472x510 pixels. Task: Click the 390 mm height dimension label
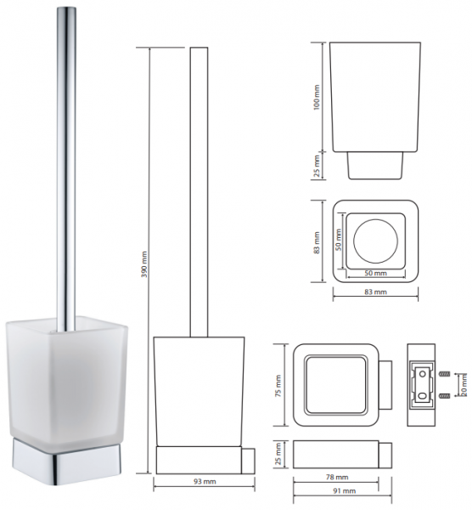145,263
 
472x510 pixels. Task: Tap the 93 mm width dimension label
205,481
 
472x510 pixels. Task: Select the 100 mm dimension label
317,97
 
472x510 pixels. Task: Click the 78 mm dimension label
336,477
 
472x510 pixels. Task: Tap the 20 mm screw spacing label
464,384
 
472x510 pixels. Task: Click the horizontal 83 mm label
375,292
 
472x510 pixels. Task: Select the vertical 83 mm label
317,242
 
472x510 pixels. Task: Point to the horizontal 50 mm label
375,273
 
